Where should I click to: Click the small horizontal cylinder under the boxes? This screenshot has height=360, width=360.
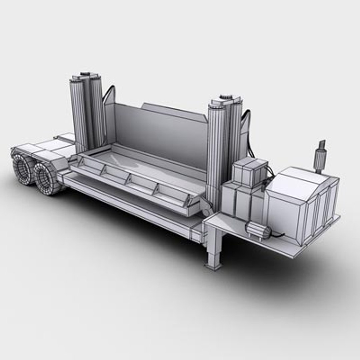257,230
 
